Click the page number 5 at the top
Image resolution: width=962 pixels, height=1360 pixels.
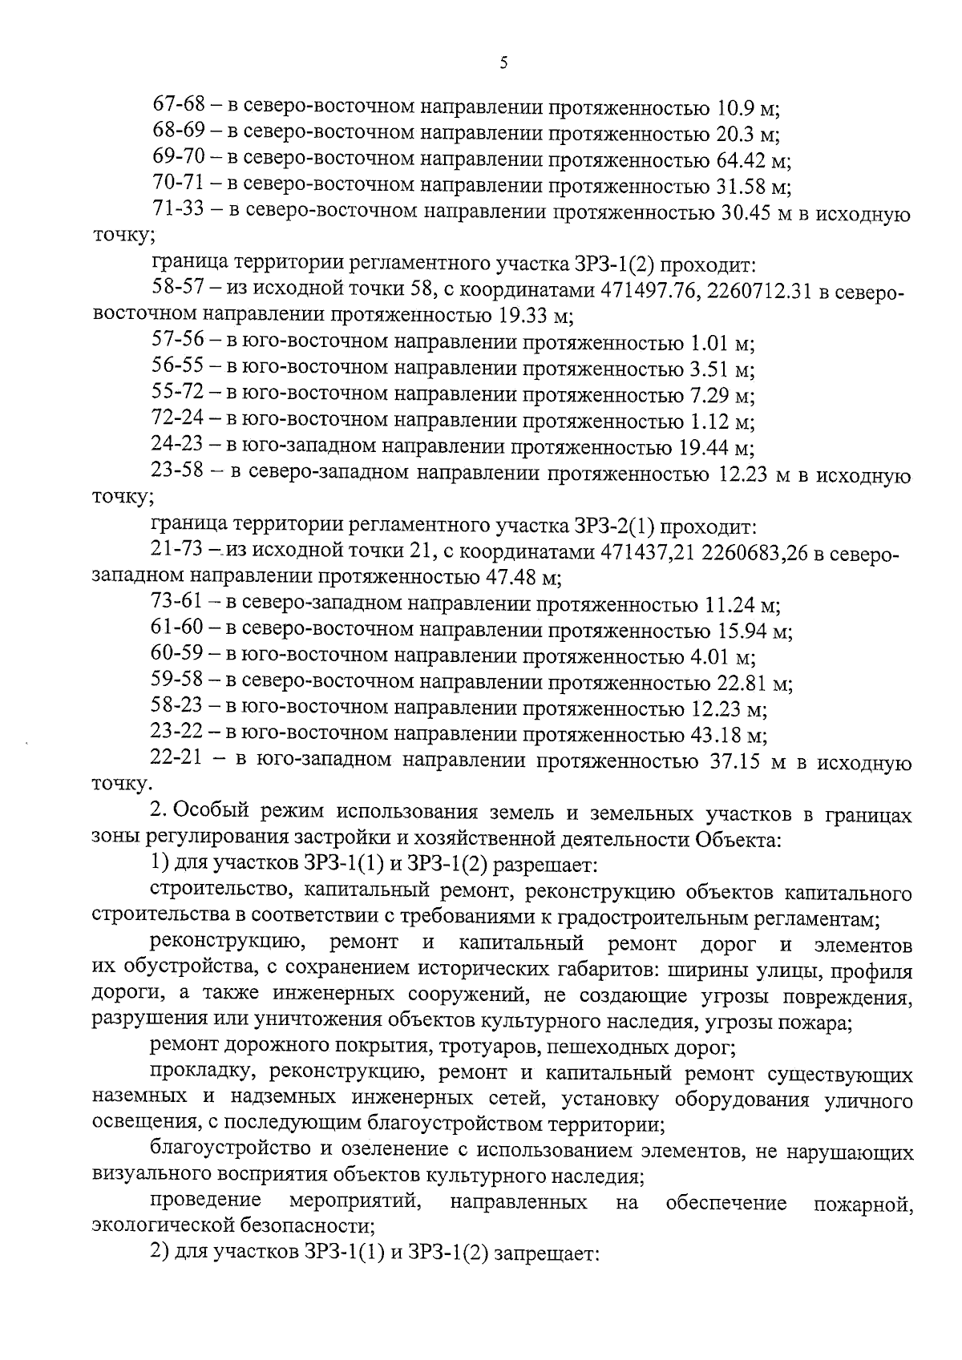pos(503,64)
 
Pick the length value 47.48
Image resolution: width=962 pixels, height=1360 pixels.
pos(512,578)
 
